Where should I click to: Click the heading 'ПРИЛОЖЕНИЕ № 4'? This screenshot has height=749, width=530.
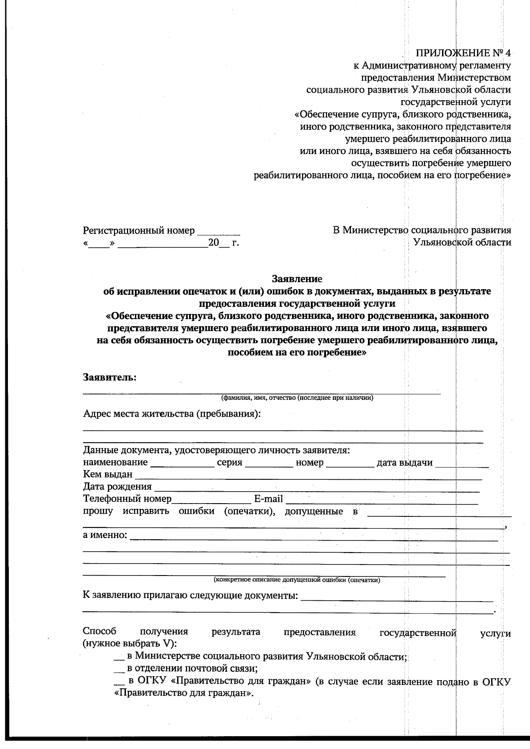(x=463, y=53)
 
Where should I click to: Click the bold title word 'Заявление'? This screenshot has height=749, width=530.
(x=297, y=279)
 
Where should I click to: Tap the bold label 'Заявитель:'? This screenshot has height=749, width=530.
(x=110, y=378)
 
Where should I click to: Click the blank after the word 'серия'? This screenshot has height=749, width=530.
(x=269, y=464)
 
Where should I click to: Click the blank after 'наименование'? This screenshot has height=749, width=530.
(x=182, y=464)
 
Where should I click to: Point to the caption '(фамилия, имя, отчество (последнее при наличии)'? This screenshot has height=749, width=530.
(x=297, y=398)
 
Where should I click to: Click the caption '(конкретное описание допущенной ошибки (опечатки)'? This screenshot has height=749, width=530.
(x=297, y=580)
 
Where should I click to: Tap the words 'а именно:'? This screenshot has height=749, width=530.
(x=105, y=536)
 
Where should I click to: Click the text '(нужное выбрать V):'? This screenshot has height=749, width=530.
(x=129, y=644)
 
